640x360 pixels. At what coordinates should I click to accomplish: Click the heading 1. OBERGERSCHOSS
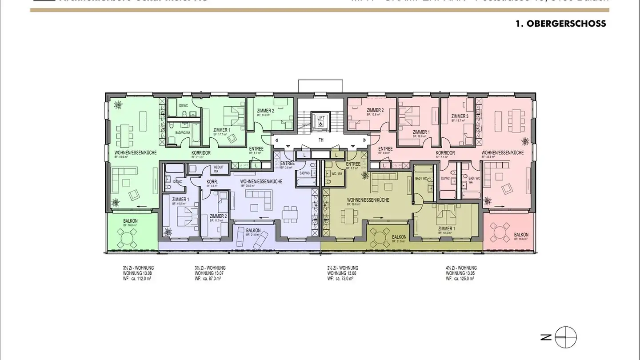pos(560,24)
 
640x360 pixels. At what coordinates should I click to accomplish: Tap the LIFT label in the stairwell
pos(320,118)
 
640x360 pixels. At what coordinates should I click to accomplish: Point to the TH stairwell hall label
pos(320,140)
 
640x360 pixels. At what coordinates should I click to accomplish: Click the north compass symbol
pos(565,337)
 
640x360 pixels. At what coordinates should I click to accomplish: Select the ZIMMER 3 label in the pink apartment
pos(460,116)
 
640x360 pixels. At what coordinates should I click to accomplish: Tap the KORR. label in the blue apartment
pos(212,182)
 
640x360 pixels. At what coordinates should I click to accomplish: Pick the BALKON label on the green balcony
pos(130,221)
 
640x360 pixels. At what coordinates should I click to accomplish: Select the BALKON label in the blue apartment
pos(253,231)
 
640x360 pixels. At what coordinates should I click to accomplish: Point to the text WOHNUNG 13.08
pos(138,273)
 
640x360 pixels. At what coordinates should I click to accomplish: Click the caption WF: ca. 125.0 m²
pos(460,279)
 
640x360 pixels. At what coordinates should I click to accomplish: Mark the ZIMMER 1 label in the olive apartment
pos(446,229)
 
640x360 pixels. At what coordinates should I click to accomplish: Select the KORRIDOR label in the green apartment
pos(200,152)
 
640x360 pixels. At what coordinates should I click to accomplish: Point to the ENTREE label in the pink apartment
pos(385,149)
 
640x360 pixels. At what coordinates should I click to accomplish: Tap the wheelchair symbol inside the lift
pos(320,124)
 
